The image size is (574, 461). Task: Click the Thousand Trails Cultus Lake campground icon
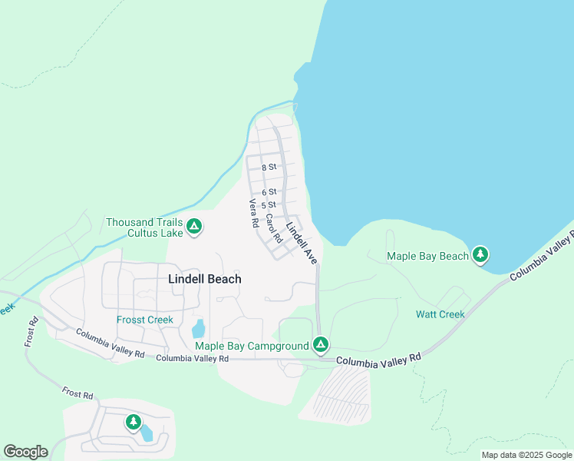pos(195,227)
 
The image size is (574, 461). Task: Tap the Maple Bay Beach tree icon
pos(480,254)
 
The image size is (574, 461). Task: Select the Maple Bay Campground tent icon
pos(321,345)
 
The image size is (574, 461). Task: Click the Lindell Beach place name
pos(204,279)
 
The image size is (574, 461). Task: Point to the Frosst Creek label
pos(145,320)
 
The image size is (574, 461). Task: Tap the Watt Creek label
pos(440,314)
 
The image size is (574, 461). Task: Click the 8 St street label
pos(269,167)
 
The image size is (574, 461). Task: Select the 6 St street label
pos(269,192)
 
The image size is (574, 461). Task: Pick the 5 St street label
pos(269,205)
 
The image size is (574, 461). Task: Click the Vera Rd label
pos(253,214)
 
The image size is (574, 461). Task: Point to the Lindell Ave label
pos(302,242)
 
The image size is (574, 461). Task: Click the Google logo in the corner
pos(25,452)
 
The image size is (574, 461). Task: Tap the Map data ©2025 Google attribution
pos(527,455)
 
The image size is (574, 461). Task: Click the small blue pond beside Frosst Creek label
pos(198,329)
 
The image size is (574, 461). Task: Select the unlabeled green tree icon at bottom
pos(134,422)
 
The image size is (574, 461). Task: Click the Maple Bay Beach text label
pos(427,256)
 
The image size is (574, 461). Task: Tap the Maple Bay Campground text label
pos(252,347)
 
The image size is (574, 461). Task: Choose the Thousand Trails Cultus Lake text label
pos(144,227)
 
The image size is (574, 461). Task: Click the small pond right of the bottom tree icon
pos(146,433)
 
